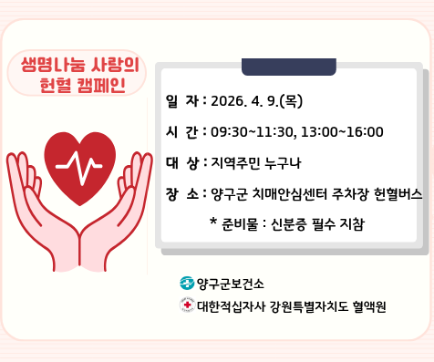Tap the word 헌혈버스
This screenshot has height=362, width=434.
[x=398, y=194]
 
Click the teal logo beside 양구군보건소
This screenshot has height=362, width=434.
[x=187, y=284]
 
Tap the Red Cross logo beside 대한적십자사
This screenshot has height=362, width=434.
[x=188, y=305]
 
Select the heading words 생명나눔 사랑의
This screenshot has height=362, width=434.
[x=79, y=66]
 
